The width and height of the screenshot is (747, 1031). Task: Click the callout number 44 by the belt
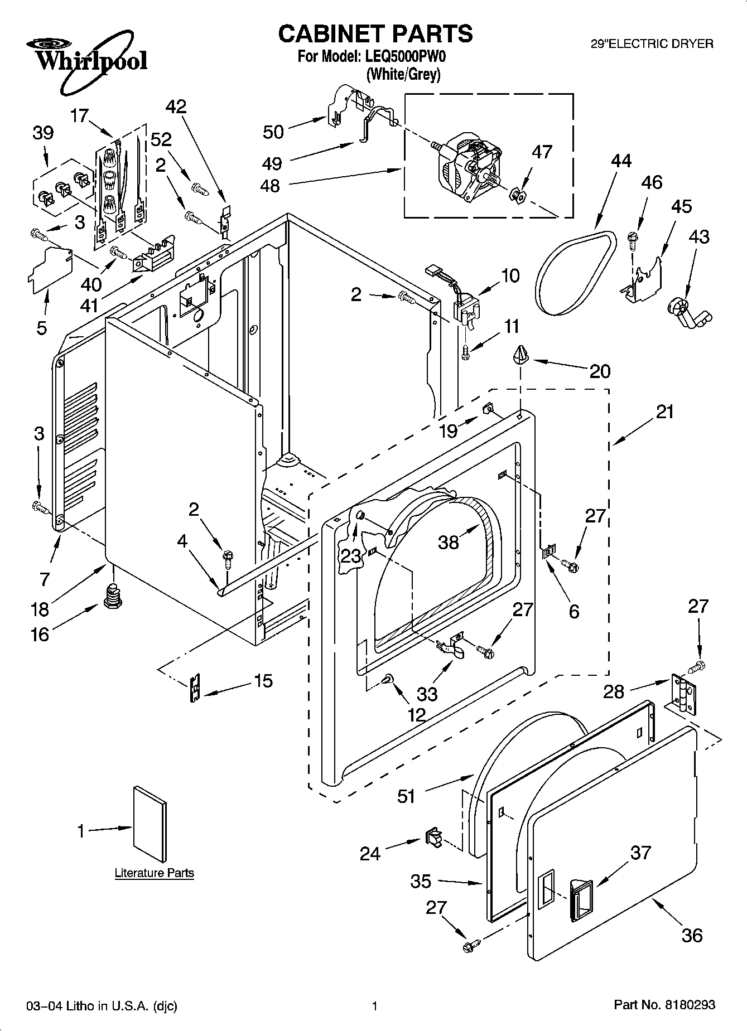point(620,161)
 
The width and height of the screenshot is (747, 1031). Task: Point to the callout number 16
point(40,634)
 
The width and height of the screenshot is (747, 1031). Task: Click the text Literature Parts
point(154,873)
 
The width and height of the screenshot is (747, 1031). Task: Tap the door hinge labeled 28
point(684,695)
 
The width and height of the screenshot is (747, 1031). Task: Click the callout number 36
point(692,935)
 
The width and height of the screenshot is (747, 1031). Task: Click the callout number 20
point(600,371)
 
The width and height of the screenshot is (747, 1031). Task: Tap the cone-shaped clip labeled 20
point(520,355)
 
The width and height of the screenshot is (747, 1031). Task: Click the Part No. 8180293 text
point(664,1005)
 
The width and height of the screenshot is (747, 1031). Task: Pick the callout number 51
point(406,796)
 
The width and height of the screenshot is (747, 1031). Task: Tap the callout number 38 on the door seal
point(448,541)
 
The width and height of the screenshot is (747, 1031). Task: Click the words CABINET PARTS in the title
point(375,33)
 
